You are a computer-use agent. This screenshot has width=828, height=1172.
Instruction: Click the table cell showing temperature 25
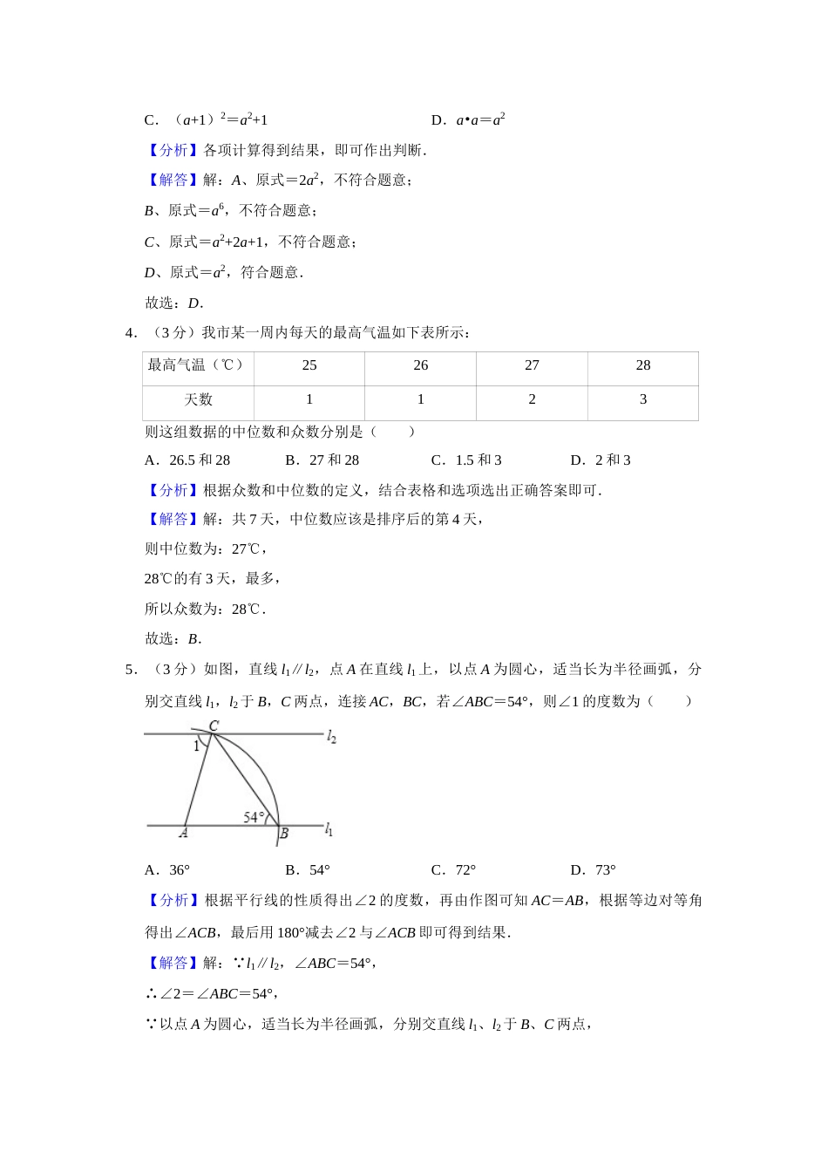pyautogui.click(x=309, y=365)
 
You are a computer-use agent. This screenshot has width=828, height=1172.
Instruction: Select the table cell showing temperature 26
pyautogui.click(x=421, y=365)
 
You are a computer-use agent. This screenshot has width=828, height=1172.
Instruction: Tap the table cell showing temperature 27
pyautogui.click(x=532, y=365)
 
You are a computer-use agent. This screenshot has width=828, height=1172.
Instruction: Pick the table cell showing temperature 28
pyautogui.click(x=643, y=365)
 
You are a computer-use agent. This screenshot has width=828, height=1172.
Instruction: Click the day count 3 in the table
pyautogui.click(x=643, y=399)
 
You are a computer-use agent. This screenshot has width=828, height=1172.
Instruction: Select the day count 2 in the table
pyautogui.click(x=532, y=399)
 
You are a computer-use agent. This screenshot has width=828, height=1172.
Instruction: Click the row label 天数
pyautogui.click(x=199, y=399)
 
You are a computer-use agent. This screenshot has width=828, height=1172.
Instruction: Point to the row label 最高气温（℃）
pyautogui.click(x=197, y=365)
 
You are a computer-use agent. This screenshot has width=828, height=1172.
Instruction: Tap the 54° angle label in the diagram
pyautogui.click(x=254, y=817)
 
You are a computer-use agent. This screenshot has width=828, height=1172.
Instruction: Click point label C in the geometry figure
pyautogui.click(x=214, y=726)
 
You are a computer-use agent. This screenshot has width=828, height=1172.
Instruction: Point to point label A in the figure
pyautogui.click(x=183, y=834)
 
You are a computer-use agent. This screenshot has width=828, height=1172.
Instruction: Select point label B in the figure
pyautogui.click(x=284, y=835)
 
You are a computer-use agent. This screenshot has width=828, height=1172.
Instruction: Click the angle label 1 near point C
pyautogui.click(x=196, y=746)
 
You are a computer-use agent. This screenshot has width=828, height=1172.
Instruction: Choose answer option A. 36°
pyautogui.click(x=167, y=870)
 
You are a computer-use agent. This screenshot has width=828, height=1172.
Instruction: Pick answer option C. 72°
pyautogui.click(x=453, y=870)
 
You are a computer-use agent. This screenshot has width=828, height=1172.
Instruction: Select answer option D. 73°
pyautogui.click(x=593, y=870)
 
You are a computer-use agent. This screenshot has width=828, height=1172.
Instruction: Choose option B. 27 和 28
pyautogui.click(x=322, y=460)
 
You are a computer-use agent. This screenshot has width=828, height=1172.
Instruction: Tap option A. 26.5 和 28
pyautogui.click(x=187, y=460)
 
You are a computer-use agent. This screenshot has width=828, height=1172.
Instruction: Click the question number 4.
pyautogui.click(x=130, y=332)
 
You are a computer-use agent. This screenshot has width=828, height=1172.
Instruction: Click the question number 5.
pyautogui.click(x=130, y=670)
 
